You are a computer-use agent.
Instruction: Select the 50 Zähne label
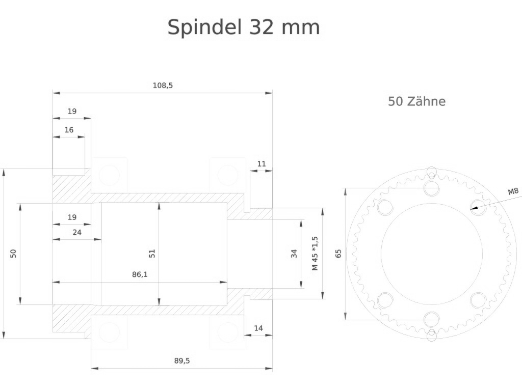tap(416, 101)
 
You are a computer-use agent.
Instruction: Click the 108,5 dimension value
tap(163, 86)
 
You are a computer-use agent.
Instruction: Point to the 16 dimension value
tap(69, 130)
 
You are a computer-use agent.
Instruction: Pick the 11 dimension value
tap(262, 164)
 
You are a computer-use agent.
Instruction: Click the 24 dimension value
tap(77, 232)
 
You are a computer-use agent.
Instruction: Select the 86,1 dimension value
tap(140, 274)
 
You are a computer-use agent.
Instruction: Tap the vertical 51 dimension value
tap(152, 254)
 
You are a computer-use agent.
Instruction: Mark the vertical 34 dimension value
tap(294, 254)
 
